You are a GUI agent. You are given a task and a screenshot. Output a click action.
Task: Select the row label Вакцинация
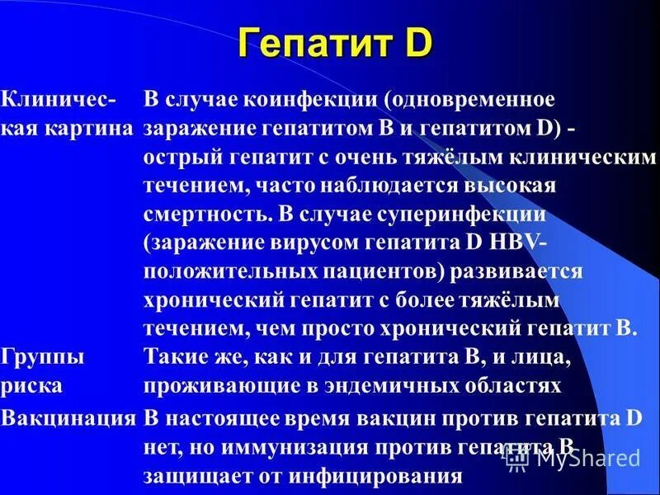(68, 417)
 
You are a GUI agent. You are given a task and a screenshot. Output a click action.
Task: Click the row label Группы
(43, 357)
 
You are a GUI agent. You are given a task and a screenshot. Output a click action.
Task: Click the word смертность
(203, 214)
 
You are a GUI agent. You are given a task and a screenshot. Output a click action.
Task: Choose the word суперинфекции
(464, 214)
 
